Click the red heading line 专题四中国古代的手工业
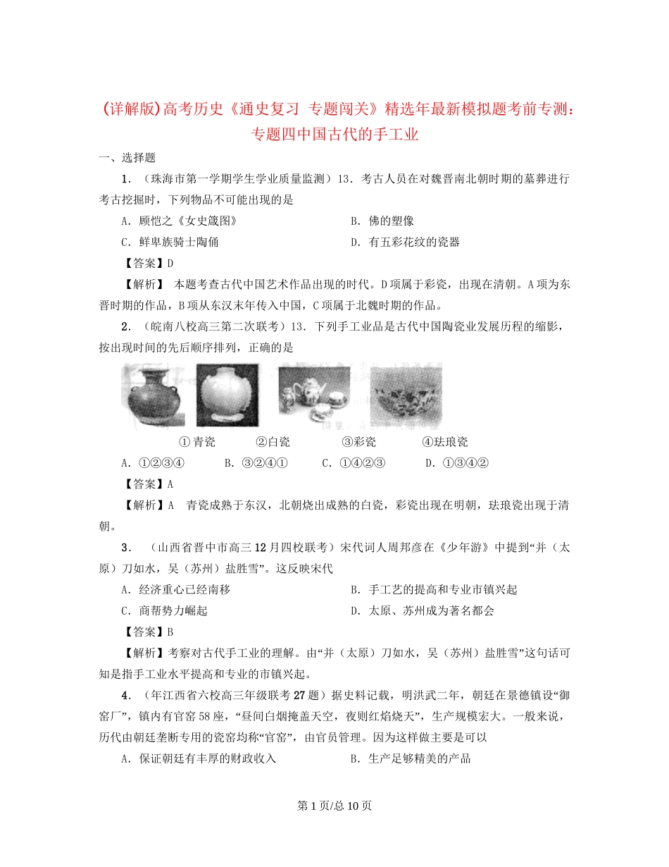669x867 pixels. [334, 133]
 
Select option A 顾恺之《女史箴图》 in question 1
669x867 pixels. [179, 221]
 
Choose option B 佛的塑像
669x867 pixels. [383, 221]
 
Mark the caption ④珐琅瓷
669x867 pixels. [445, 442]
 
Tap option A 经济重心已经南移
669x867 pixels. [175, 589]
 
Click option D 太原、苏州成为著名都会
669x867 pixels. [422, 610]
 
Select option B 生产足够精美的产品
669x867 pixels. [410, 758]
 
